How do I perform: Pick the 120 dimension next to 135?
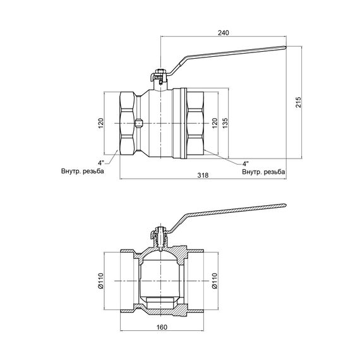(214, 121)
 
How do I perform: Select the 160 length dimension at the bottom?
(162, 328)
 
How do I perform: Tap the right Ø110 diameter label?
(214, 279)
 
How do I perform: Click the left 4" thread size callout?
(102, 164)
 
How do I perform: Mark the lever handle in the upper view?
(234, 56)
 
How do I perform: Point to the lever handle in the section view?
(234, 211)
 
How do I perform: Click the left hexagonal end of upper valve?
(126, 122)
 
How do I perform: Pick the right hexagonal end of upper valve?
(196, 122)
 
